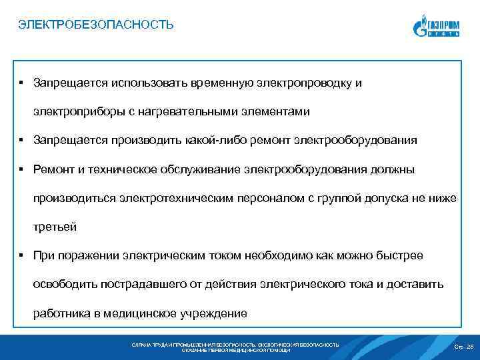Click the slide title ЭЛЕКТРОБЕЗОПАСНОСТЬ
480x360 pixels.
(96, 25)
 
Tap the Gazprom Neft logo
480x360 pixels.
(436, 26)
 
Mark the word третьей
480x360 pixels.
(55, 227)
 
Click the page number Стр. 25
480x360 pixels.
(463, 347)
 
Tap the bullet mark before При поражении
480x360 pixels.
(22, 255)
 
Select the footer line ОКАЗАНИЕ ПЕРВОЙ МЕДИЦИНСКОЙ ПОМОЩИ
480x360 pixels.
(236, 350)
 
